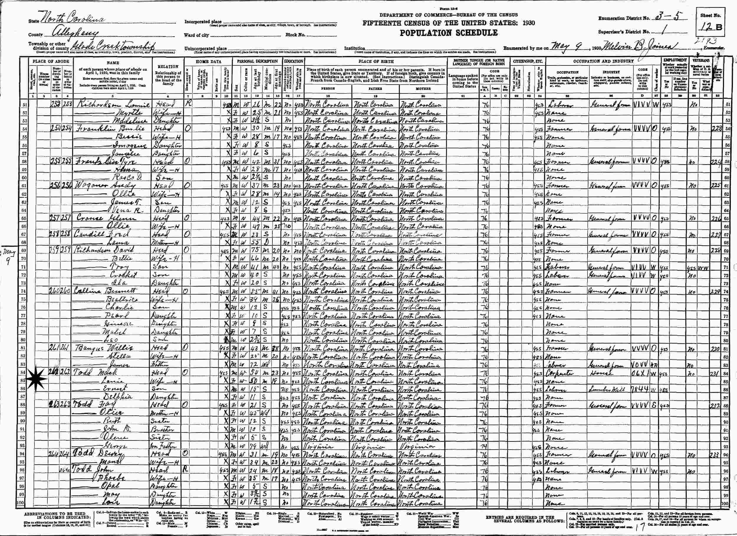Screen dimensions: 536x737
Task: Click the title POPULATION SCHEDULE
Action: (448, 33)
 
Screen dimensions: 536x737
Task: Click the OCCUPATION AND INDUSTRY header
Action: (603, 61)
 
